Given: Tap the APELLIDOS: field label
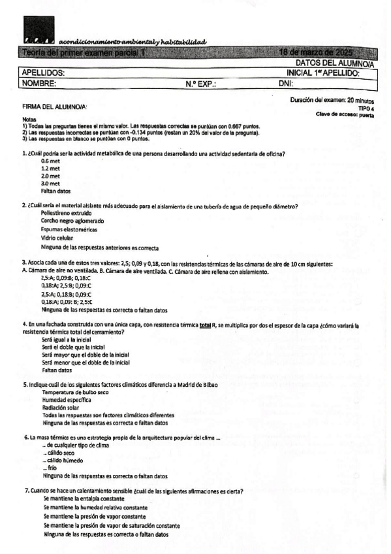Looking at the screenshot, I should (43, 74).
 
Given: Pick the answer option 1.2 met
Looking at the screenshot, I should (50, 168).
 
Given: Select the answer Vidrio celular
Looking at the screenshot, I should (56, 238).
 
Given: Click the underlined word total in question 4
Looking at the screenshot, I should (207, 324).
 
